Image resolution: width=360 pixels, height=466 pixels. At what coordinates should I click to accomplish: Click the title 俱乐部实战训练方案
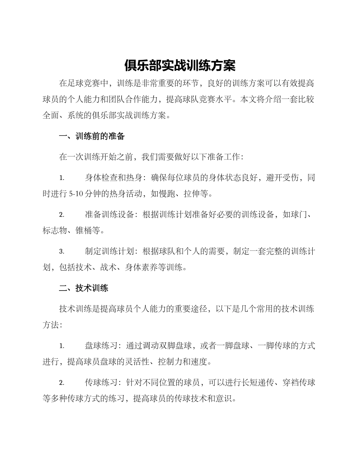180,66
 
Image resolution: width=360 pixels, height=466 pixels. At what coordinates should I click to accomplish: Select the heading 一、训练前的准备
92,136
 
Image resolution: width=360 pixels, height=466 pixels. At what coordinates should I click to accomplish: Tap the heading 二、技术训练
84,288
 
